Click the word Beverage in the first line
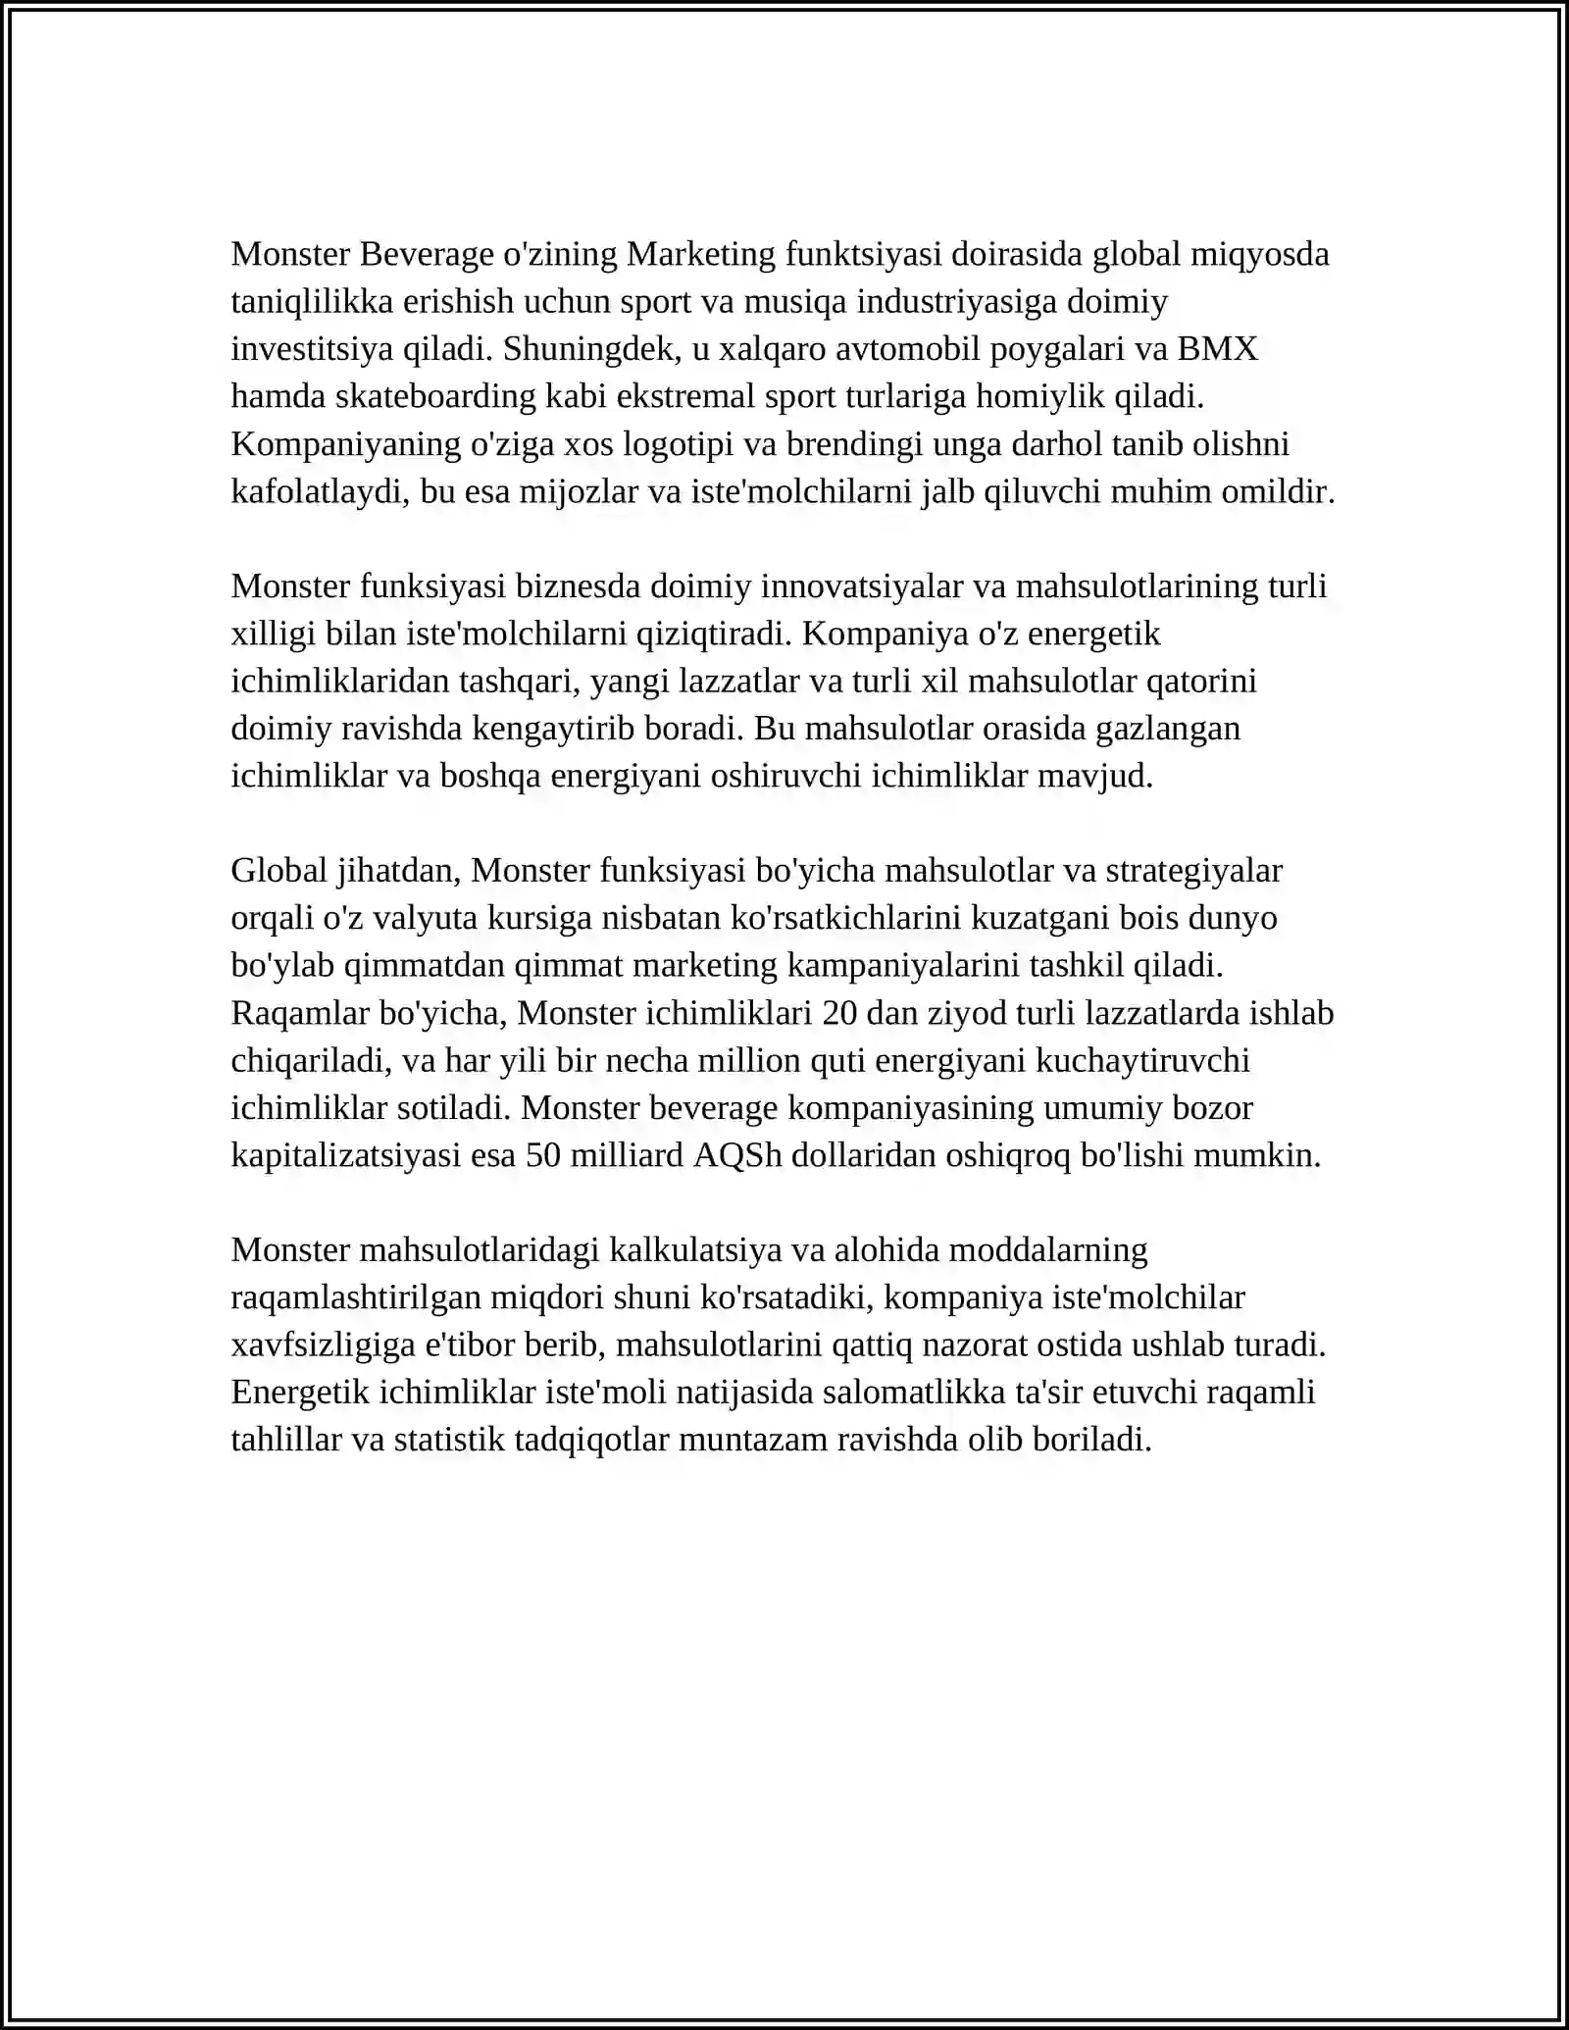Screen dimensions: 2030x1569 coord(427,254)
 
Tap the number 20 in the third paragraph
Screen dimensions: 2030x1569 coord(839,1013)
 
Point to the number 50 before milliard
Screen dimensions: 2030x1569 coord(544,1155)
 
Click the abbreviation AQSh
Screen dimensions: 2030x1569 coord(737,1155)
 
